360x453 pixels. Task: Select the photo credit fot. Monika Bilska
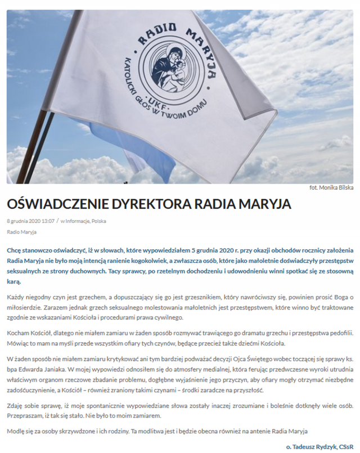[x=331, y=188]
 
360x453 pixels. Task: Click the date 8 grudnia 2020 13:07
[x=30, y=221]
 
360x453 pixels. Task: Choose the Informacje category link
[x=77, y=221]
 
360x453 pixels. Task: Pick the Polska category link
[x=99, y=221]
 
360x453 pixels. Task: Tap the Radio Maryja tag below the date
[x=21, y=232]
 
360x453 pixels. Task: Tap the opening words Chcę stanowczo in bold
[x=30, y=249]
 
